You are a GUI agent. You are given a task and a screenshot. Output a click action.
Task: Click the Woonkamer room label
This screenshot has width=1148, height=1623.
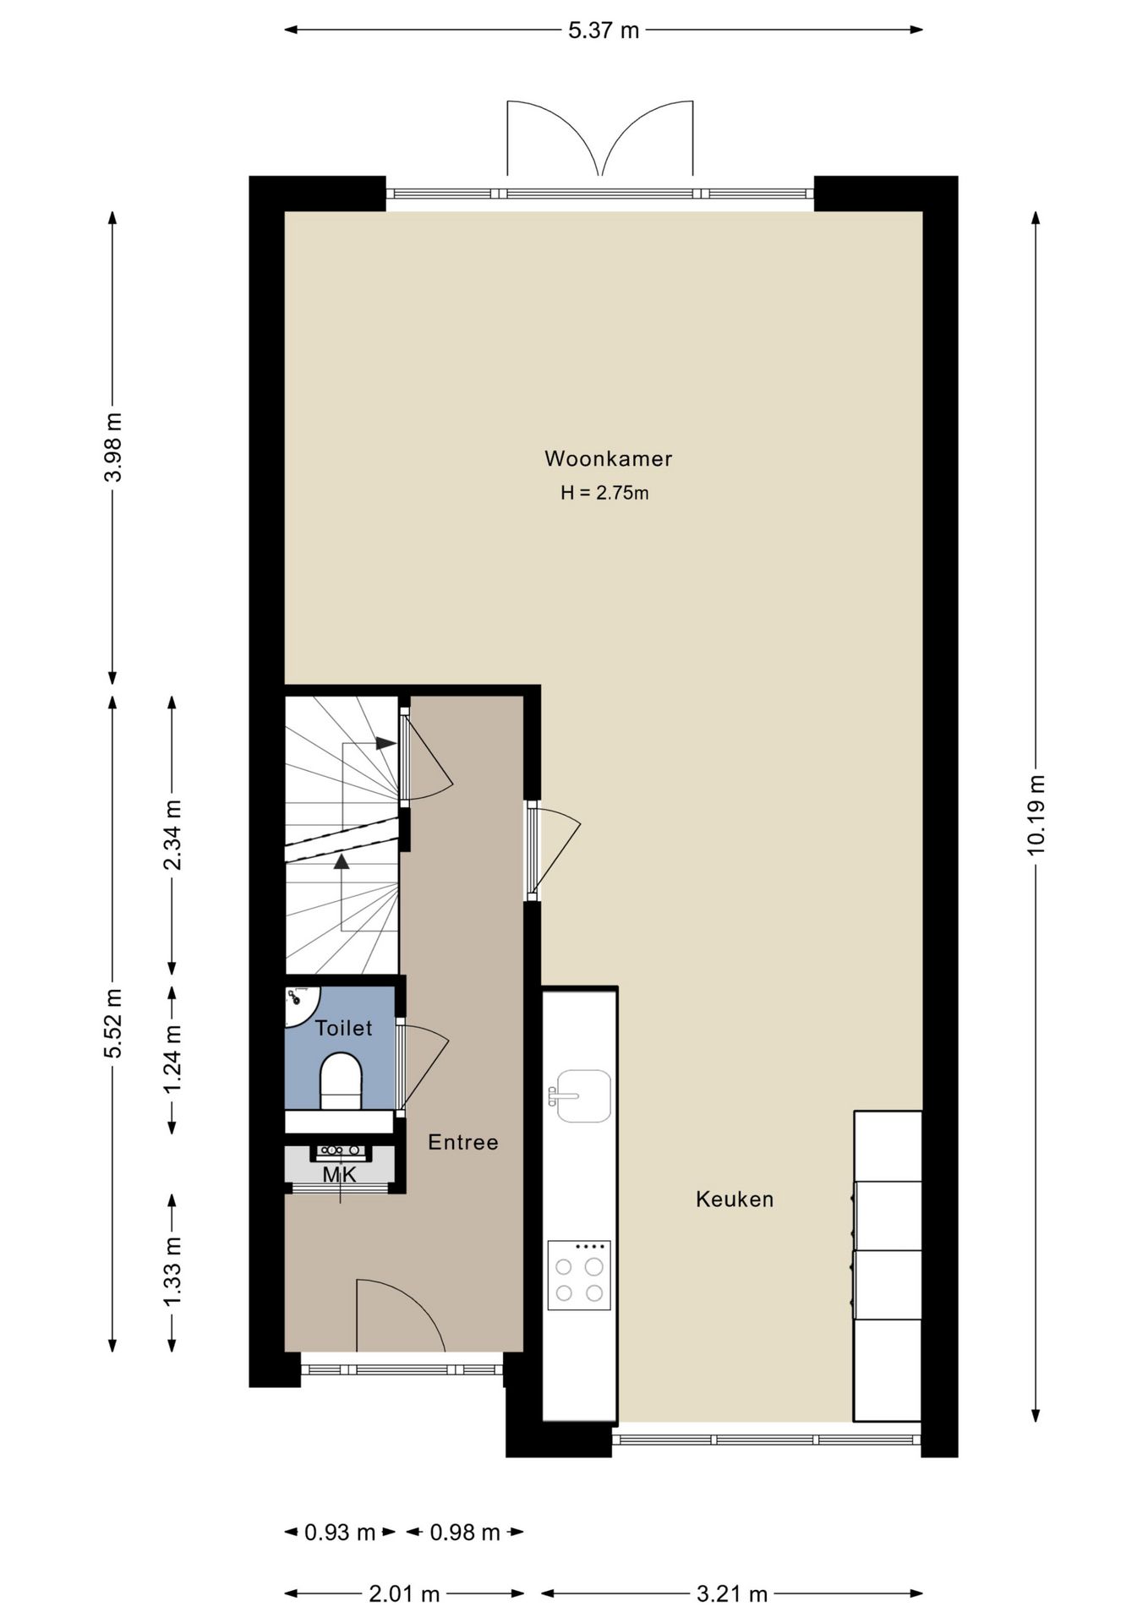608,459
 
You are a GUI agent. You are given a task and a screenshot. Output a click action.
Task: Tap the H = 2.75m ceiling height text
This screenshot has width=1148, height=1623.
604,493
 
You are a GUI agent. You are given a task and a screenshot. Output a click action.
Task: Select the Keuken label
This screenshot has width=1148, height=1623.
735,1199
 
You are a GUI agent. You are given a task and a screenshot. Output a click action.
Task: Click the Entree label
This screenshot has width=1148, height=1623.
463,1143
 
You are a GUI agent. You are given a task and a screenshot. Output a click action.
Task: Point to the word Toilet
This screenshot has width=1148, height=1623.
343,1028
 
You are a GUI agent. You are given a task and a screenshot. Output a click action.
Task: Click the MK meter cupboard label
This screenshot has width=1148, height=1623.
339,1175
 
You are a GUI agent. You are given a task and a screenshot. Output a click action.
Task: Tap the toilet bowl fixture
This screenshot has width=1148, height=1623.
341,1080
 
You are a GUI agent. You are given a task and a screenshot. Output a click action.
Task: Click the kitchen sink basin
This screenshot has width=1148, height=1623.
583,1096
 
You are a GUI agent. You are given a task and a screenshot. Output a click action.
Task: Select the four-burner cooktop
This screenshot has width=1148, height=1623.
579,1276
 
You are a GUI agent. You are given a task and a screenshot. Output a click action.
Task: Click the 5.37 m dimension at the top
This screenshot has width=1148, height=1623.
604,30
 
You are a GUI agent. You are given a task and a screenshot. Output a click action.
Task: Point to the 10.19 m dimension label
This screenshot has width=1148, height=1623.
1036,815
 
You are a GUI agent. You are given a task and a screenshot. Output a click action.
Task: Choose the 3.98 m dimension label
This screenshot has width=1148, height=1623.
112,447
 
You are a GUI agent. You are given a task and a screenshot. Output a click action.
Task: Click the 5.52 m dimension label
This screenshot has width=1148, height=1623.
112,1023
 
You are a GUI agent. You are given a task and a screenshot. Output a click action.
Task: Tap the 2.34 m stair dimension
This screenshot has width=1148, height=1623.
172,835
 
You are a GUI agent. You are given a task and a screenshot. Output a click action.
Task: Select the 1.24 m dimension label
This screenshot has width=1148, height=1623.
172,1059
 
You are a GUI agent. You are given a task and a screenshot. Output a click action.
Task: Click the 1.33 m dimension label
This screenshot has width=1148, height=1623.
172,1272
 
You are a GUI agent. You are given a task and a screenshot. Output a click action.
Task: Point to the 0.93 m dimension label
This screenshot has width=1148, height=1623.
340,1533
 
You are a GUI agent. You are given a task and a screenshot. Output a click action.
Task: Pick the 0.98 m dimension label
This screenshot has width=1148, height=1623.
465,1533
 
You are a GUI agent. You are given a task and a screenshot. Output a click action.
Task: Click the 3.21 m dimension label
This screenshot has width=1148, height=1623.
732,1594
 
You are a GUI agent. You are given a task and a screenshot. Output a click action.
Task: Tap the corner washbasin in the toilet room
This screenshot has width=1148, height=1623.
299,1003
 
